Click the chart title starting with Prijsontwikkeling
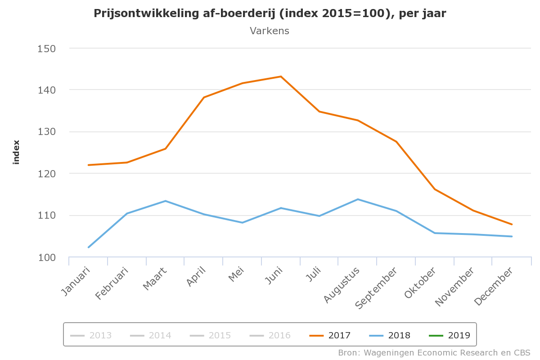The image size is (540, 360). pos(270,13)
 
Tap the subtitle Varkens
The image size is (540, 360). pos(270,31)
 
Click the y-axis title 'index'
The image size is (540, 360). pos(17,152)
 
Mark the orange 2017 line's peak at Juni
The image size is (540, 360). pos(281,76)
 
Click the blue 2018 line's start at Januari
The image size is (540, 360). pos(88,247)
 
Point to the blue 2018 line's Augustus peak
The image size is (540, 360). pos(358,199)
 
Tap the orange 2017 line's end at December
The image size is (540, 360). pos(512,224)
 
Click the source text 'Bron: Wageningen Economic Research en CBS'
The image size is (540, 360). pos(434,352)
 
